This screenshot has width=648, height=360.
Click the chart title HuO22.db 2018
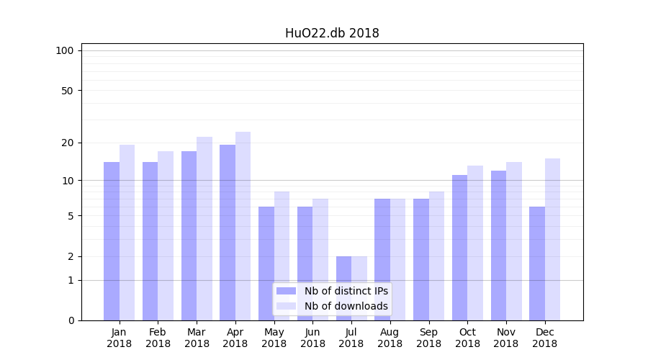coord(332,33)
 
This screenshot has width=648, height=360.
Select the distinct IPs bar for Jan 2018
coord(112,241)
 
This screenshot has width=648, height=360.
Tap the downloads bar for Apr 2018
coord(243,226)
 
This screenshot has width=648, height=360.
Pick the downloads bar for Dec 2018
coord(552,239)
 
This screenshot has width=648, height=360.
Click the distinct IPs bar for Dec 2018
coord(537,264)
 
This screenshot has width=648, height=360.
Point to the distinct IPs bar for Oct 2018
coord(459,248)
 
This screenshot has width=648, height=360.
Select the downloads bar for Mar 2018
coord(204,228)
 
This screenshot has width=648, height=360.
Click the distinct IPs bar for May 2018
coord(266,264)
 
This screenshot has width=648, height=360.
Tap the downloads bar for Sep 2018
coord(436,256)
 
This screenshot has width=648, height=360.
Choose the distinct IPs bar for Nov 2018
coord(498,246)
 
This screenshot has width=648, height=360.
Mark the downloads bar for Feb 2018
coord(166,235)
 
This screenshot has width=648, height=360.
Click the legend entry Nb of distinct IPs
coord(346,291)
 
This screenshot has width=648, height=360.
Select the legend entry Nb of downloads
coord(346,306)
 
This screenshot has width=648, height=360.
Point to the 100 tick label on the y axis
coord(65,50)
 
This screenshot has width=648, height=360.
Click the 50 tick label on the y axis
coord(67,91)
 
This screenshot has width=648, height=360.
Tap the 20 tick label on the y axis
coord(67,143)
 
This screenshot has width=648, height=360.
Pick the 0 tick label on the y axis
coord(71,320)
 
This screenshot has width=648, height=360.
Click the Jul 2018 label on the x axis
coord(351,338)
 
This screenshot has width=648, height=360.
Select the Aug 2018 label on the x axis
coord(390,338)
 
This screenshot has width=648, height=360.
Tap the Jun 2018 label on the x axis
coord(312,338)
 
